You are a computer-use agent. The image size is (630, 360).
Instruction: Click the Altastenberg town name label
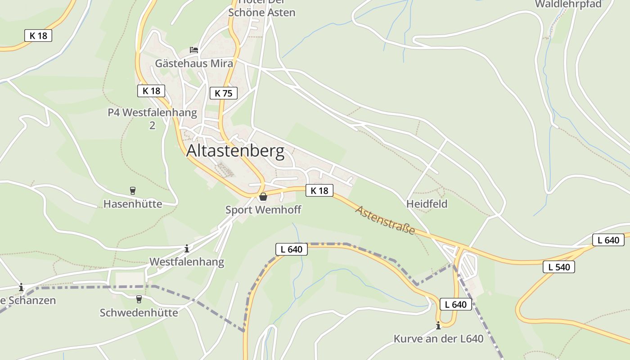tap(235, 151)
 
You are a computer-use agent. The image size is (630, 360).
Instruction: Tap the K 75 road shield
tap(223, 93)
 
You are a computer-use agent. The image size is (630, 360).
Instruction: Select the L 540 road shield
tap(559, 267)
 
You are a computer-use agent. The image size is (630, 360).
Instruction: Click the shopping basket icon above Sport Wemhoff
tap(263, 197)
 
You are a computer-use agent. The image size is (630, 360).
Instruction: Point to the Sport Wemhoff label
tap(263, 210)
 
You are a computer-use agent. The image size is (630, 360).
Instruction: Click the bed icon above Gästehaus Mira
tap(194, 49)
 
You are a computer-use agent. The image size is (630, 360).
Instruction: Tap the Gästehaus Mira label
tap(194, 63)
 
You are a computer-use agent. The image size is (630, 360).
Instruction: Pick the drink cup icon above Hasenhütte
tap(132, 190)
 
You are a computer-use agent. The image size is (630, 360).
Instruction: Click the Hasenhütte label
tap(133, 204)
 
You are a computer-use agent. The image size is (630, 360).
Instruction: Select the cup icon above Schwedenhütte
tap(139, 299)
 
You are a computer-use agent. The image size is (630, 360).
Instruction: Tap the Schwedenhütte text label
tap(139, 312)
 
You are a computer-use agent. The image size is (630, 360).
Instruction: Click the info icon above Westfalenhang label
tap(187, 248)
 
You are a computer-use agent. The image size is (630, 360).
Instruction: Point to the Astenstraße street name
tap(385, 220)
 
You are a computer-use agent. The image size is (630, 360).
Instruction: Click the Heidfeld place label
tap(427, 204)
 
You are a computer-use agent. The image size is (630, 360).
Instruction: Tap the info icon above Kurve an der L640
tap(438, 325)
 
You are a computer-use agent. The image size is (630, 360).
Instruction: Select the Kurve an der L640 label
tap(438, 338)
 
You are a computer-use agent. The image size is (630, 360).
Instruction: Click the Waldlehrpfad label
tap(568, 4)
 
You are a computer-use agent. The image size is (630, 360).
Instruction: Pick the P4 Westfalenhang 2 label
tap(152, 118)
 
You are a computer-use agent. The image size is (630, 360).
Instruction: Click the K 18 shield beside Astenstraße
tap(319, 190)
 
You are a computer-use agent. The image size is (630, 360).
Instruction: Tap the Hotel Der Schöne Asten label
tap(261, 9)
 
